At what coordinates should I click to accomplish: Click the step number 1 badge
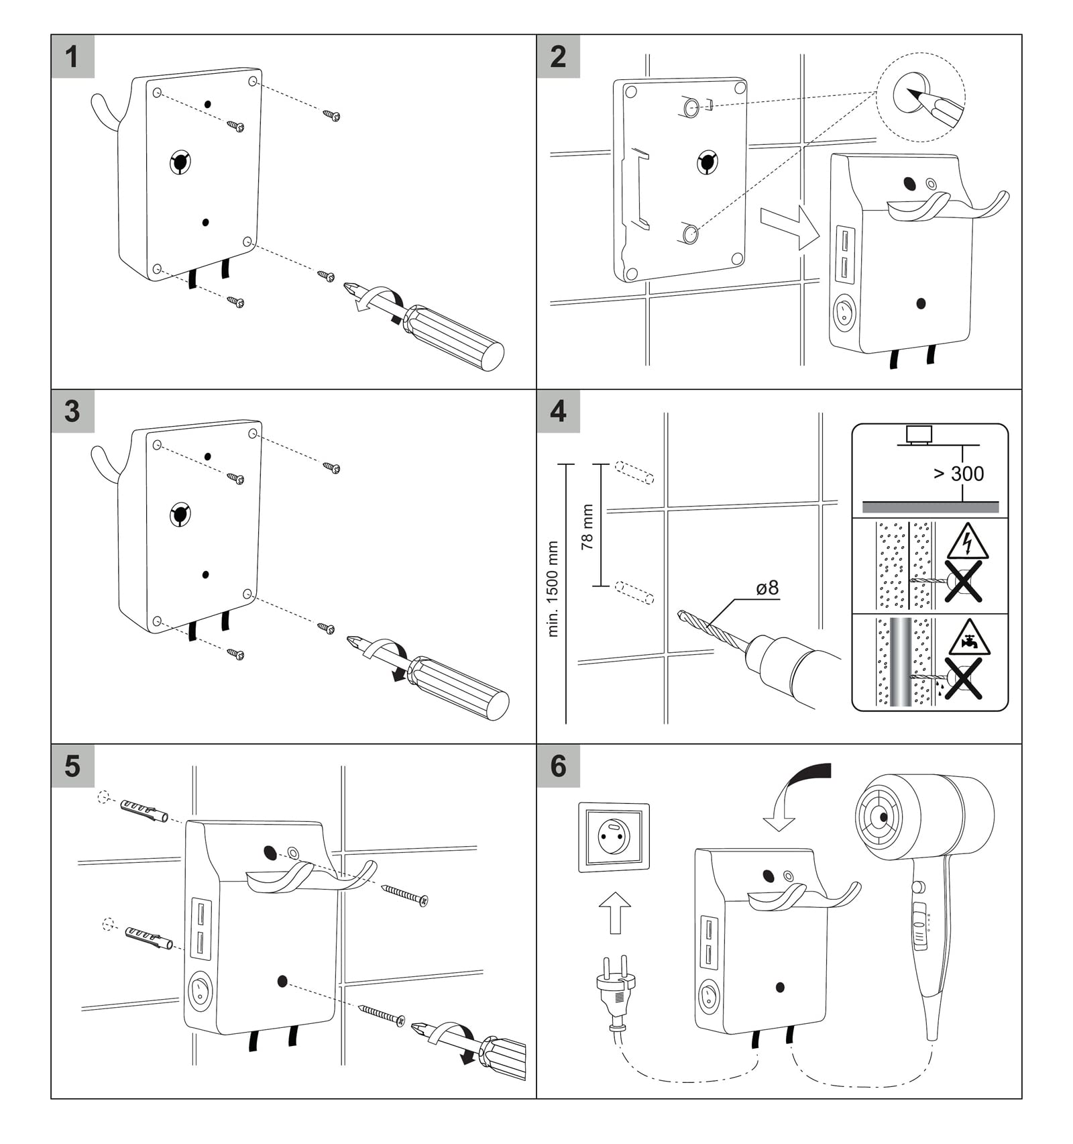pos(72,56)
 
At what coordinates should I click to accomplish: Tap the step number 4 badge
pos(558,411)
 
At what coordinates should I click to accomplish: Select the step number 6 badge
pos(558,766)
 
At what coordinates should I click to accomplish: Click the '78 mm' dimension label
pos(587,527)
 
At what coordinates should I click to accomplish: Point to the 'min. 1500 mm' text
pos(553,589)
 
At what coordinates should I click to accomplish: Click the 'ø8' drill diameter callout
pos(767,588)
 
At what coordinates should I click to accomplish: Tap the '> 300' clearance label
pos(959,474)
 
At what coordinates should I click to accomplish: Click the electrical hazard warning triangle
pos(967,542)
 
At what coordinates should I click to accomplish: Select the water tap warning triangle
pos(970,637)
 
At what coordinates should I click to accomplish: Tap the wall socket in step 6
pos(614,837)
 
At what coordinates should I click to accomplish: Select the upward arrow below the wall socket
pos(614,913)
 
